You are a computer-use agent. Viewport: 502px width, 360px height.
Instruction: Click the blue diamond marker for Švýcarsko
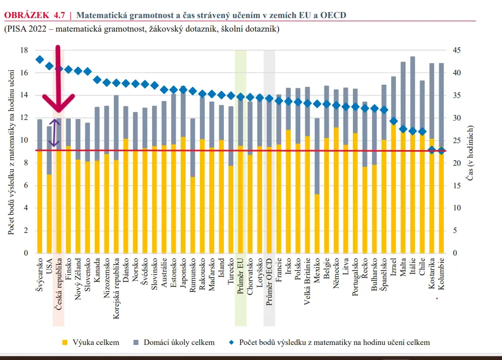click(40, 60)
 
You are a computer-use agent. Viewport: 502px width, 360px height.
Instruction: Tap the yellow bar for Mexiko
click(317, 223)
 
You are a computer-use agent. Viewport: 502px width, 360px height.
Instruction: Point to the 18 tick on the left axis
click(24, 50)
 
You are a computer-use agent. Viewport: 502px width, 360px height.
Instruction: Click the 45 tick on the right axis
click(457, 50)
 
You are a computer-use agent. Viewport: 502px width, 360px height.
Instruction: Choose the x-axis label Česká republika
click(58, 284)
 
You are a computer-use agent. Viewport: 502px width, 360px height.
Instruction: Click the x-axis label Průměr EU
click(240, 276)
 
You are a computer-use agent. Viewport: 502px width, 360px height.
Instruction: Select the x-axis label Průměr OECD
click(269, 282)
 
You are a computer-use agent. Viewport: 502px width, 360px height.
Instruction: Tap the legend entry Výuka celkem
click(90, 342)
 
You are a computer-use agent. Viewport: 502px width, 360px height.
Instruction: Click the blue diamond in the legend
click(231, 342)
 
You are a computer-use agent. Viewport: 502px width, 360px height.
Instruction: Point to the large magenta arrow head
click(58, 103)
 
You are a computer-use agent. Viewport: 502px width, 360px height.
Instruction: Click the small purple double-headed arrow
click(54, 133)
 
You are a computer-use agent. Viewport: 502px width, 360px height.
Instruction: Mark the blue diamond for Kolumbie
click(441, 150)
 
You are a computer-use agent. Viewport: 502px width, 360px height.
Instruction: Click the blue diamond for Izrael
click(394, 121)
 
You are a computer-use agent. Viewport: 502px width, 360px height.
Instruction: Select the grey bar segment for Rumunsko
click(193, 148)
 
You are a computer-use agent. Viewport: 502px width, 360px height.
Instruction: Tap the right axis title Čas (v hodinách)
click(470, 153)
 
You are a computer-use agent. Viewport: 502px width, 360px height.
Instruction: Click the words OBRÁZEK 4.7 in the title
click(35, 15)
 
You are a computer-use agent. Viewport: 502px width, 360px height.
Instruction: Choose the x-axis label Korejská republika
click(116, 289)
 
